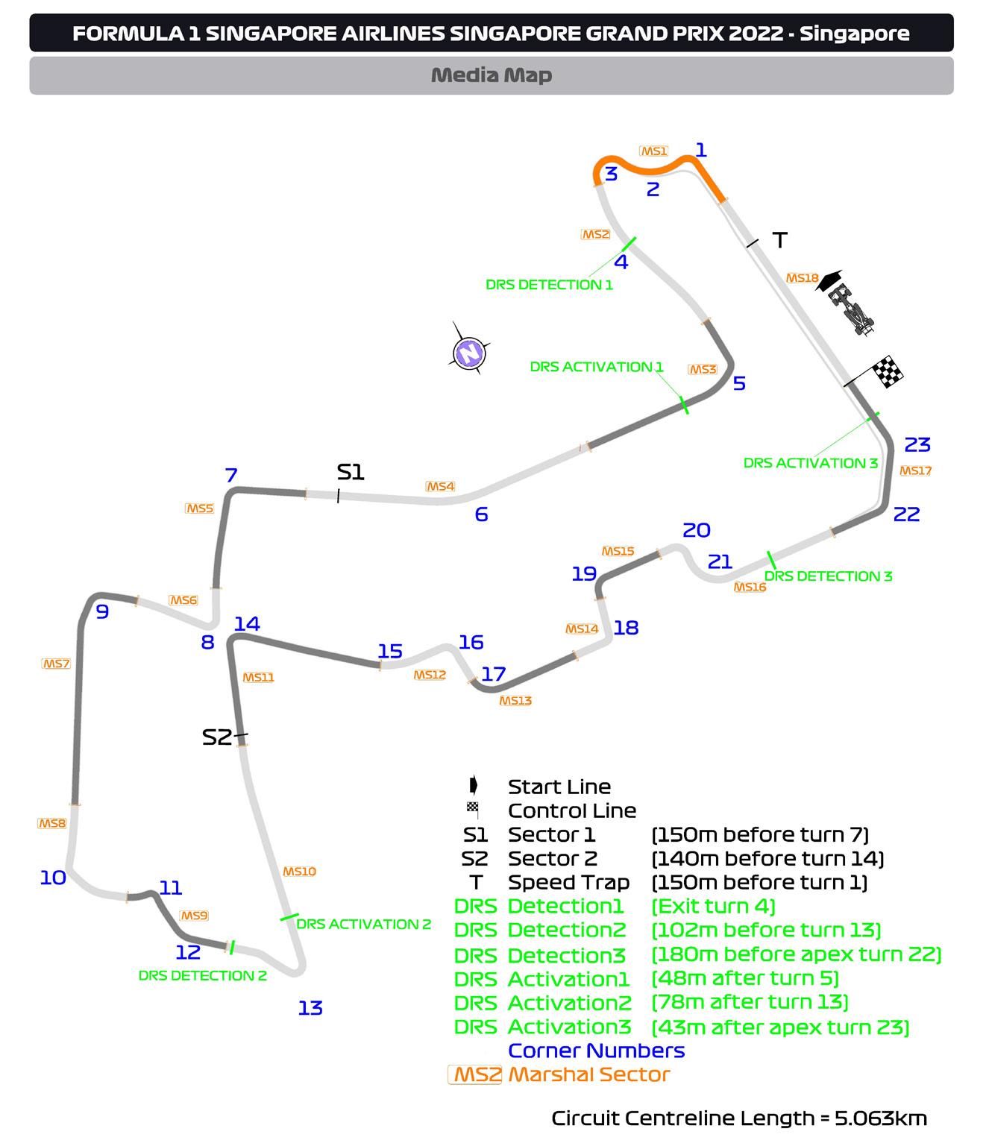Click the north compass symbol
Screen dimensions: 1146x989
(x=469, y=350)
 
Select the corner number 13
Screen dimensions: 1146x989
(x=310, y=1008)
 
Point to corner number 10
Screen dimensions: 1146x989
(x=53, y=878)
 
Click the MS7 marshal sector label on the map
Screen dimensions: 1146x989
(x=56, y=664)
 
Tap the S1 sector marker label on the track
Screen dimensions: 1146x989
(x=350, y=472)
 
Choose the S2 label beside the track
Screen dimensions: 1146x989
(x=217, y=737)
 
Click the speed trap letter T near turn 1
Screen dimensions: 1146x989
(x=780, y=240)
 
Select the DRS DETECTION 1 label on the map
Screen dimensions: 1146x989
(x=549, y=285)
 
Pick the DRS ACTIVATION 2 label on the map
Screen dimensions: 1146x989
(x=364, y=924)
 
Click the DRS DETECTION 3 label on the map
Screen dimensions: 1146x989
(x=828, y=576)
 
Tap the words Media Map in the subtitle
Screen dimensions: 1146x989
(x=492, y=75)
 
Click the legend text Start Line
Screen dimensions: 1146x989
(x=559, y=787)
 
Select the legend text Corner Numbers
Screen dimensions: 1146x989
(x=596, y=1051)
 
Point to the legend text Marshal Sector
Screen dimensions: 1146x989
(x=588, y=1074)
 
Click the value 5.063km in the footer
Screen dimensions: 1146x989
(x=881, y=1118)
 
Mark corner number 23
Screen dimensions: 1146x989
(x=917, y=445)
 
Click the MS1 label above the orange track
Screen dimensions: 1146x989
(x=654, y=151)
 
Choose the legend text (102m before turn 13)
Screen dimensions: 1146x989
(x=766, y=931)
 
